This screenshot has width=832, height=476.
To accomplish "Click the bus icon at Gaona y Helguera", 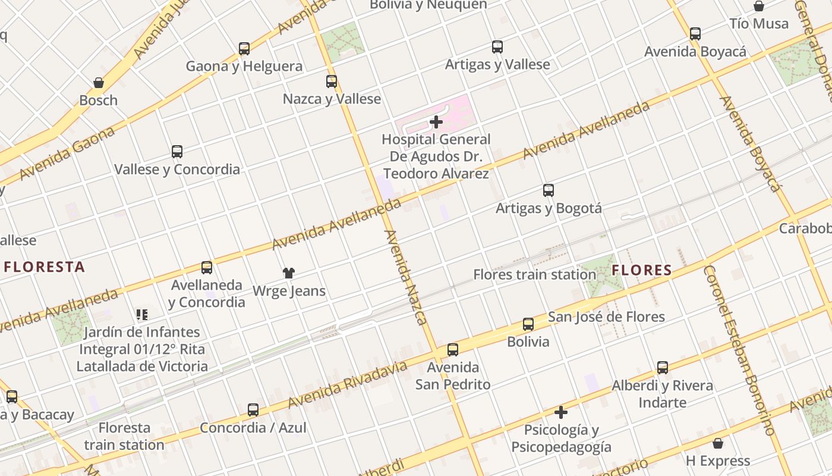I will [244, 49].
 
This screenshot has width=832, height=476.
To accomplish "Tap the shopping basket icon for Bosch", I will [99, 83].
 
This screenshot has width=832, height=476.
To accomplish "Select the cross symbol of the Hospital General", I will [436, 123].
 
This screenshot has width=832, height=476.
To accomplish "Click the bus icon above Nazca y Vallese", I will [332, 82].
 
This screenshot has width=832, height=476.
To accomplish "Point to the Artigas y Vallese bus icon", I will [497, 47].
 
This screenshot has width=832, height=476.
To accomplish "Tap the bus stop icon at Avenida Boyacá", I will [695, 34].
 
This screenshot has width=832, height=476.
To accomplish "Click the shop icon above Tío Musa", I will [759, 7].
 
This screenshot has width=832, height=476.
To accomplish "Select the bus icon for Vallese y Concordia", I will [177, 152].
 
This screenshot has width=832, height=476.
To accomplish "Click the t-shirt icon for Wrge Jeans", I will [289, 273].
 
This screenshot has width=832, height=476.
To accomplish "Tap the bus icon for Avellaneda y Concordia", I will [207, 268].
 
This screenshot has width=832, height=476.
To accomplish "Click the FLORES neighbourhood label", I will [642, 271].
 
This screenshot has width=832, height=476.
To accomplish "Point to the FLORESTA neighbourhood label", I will [45, 267].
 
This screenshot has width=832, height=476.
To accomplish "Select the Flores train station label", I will [534, 274].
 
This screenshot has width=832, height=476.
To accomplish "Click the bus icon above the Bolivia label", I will [528, 324].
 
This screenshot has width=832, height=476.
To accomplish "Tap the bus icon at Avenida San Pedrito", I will [453, 350].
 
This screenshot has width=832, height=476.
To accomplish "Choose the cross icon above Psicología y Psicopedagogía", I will [561, 412].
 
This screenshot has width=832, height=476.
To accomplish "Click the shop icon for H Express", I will [718, 443].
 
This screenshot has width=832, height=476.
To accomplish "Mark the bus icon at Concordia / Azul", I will [253, 410].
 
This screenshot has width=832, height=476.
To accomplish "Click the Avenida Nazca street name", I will [406, 277].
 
